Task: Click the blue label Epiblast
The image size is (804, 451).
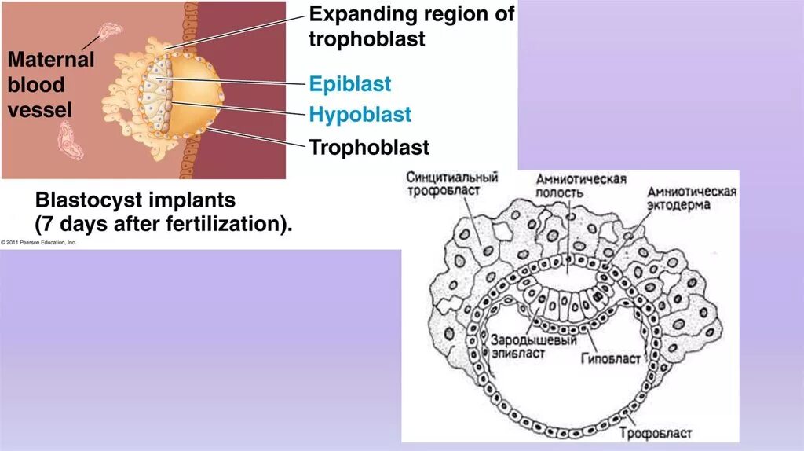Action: [349, 84]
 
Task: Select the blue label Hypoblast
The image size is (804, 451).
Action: [360, 115]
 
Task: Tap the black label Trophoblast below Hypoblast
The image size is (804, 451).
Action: [369, 147]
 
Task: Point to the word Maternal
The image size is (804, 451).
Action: [51, 60]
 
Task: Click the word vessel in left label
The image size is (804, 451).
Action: [39, 109]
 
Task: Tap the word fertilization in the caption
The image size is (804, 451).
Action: [223, 224]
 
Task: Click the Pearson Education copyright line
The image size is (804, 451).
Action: [39, 243]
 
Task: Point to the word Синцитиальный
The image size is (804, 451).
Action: [452, 178]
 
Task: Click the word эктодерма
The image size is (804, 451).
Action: [678, 206]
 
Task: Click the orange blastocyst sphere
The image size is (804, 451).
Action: [192, 94]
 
